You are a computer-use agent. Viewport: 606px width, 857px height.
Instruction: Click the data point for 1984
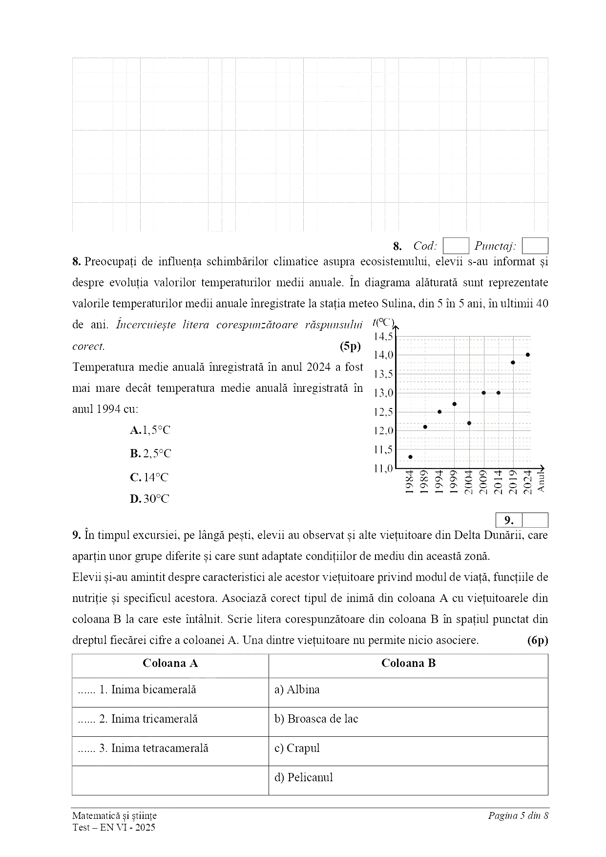pyautogui.click(x=410, y=457)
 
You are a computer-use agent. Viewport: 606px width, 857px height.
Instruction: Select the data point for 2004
pyautogui.click(x=469, y=423)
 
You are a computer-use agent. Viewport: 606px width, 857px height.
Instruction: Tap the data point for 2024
pyautogui.click(x=528, y=355)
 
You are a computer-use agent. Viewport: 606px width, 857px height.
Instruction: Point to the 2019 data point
pyautogui.click(x=513, y=363)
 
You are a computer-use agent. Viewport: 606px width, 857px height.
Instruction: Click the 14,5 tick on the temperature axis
pyautogui.click(x=383, y=336)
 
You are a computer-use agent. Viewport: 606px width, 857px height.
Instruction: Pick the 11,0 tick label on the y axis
pyautogui.click(x=383, y=469)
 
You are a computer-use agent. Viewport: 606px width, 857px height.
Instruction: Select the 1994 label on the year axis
pyautogui.click(x=439, y=482)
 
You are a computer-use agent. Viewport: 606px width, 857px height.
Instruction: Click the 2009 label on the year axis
pyautogui.click(x=483, y=482)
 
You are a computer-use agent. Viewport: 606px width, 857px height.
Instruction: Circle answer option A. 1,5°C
pyautogui.click(x=150, y=430)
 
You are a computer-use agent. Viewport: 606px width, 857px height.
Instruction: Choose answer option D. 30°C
pyautogui.click(x=150, y=499)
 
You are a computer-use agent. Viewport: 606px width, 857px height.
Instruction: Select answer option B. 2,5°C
pyautogui.click(x=151, y=454)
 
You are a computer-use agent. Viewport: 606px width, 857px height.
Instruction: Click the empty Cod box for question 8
pyautogui.click(x=456, y=246)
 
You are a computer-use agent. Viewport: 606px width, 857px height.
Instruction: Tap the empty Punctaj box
pyautogui.click(x=535, y=246)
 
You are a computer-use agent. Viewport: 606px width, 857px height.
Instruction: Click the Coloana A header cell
pyautogui.click(x=170, y=664)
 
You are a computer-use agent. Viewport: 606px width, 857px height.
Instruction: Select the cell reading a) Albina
pyautogui.click(x=408, y=690)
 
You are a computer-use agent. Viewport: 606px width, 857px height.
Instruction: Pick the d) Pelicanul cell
pyautogui.click(x=408, y=778)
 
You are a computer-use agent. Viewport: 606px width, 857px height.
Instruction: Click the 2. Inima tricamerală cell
pyautogui.click(x=170, y=719)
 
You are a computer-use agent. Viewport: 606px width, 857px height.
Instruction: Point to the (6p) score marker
pyautogui.click(x=538, y=640)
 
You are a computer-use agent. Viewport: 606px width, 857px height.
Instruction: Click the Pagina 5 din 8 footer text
pyautogui.click(x=518, y=815)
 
